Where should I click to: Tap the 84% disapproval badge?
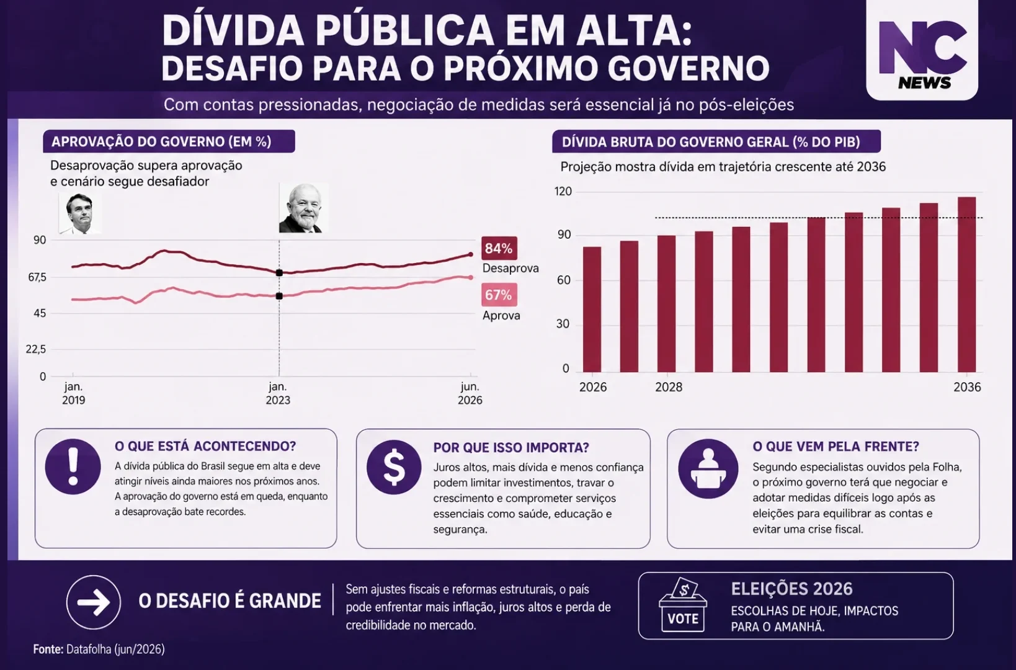click(x=499, y=248)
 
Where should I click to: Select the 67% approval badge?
click(x=499, y=295)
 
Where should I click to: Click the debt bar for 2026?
click(x=592, y=310)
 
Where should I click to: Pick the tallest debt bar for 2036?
click(x=966, y=284)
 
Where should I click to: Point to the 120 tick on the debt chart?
click(x=563, y=192)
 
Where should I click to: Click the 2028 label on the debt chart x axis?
click(x=669, y=387)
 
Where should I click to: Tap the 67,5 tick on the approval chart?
click(x=37, y=277)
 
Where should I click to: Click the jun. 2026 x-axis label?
click(x=470, y=393)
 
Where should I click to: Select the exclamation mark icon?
click(x=73, y=467)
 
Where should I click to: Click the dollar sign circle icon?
click(x=394, y=467)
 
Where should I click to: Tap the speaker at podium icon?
click(x=708, y=468)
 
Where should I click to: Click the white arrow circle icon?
click(x=94, y=602)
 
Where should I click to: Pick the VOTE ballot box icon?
click(x=683, y=604)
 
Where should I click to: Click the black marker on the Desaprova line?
click(x=279, y=272)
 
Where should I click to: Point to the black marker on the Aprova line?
click(x=279, y=296)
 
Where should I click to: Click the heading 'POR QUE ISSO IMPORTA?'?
click(x=510, y=448)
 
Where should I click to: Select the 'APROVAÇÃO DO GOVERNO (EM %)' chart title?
click(x=161, y=141)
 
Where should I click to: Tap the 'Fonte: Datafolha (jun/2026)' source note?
click(x=99, y=649)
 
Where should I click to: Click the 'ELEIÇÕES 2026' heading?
click(x=791, y=589)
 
